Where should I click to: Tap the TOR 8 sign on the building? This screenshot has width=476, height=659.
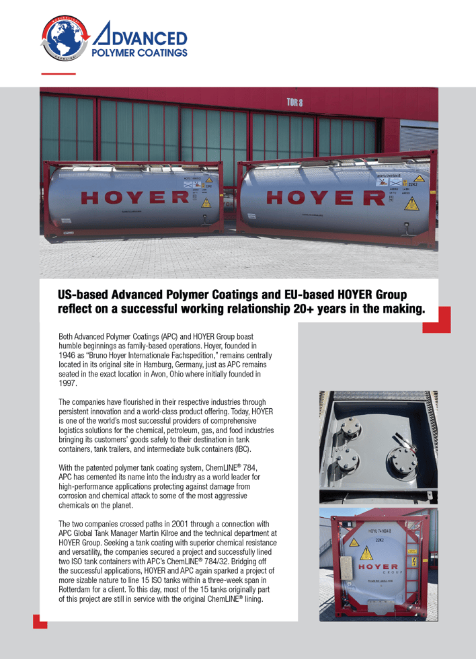pyautogui.click(x=294, y=103)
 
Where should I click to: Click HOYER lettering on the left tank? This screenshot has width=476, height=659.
pyautogui.click(x=134, y=197)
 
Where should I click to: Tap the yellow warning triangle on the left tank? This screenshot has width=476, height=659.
pyautogui.click(x=206, y=202)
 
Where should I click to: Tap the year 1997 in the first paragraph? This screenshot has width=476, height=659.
pyautogui.click(x=68, y=383)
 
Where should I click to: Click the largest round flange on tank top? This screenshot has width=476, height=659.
pyautogui.click(x=401, y=461)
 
